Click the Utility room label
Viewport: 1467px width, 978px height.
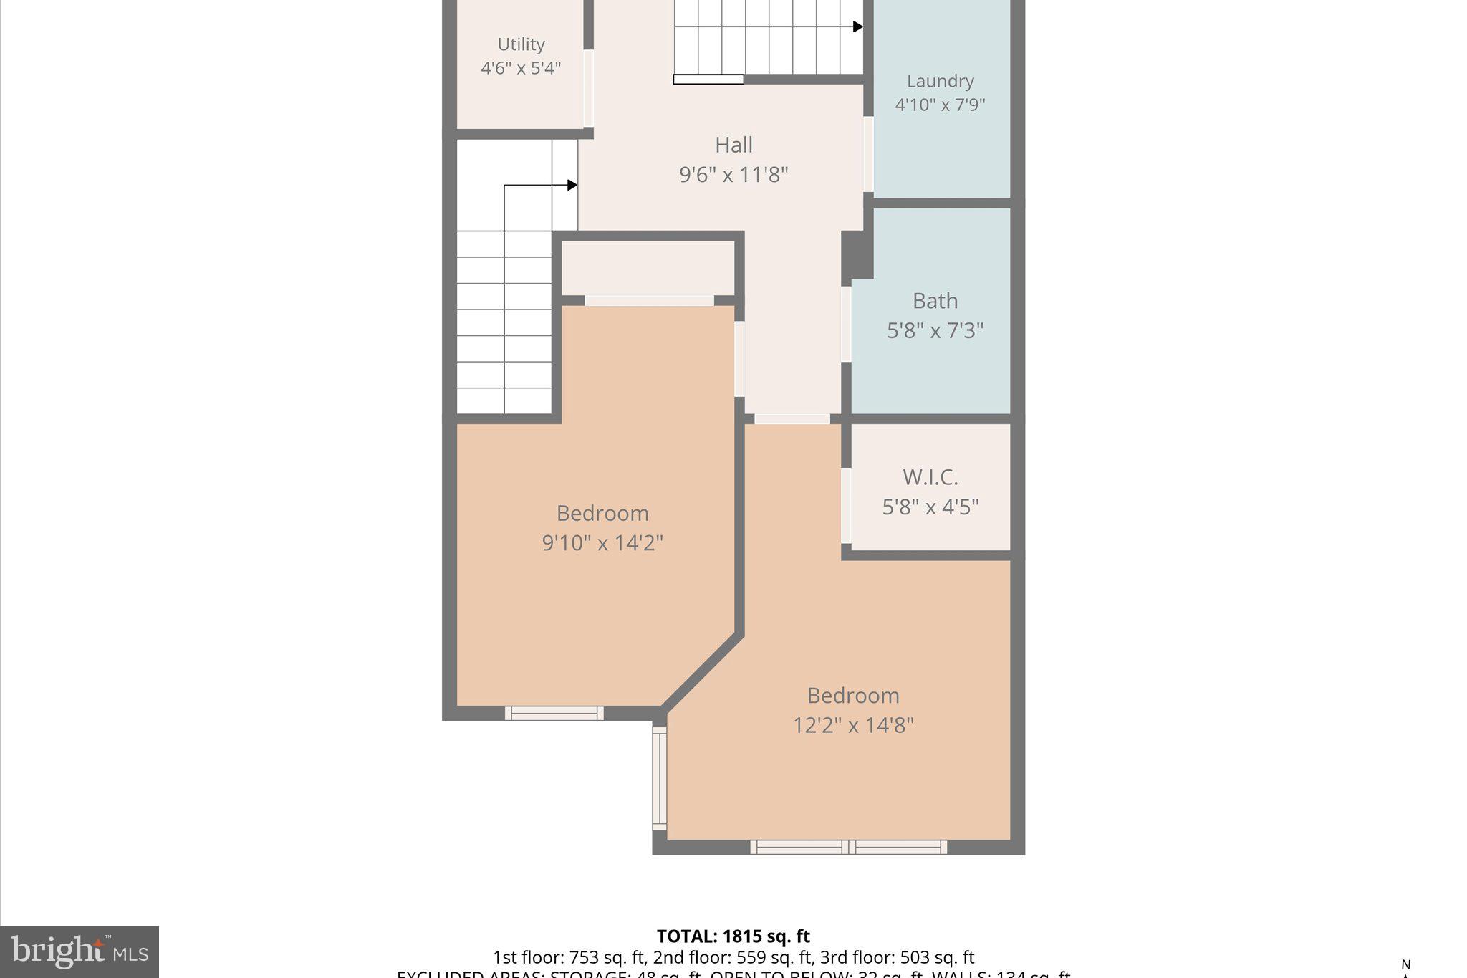point(521,44)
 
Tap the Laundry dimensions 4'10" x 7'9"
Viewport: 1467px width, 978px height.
point(940,105)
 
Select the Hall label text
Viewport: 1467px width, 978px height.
point(733,145)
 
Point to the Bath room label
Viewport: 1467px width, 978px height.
point(935,301)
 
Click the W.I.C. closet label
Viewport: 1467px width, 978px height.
point(930,477)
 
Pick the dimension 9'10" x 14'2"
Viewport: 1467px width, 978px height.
point(602,543)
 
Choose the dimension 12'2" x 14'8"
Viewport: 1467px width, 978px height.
point(853,725)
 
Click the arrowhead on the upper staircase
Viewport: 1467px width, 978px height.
point(857,27)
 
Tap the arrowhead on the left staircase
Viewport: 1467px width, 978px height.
point(572,185)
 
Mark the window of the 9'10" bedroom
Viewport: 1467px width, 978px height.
point(554,713)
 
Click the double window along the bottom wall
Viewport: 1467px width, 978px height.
point(849,848)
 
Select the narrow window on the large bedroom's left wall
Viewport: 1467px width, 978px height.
point(659,778)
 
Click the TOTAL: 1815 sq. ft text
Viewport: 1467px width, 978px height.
point(733,936)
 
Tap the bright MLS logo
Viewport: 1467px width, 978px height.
point(79,951)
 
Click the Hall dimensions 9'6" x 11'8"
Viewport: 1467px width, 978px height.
point(733,175)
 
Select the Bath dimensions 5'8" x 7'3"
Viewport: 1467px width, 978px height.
point(935,331)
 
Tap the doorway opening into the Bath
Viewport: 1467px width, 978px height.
point(846,324)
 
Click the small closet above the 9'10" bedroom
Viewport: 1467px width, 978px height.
point(648,268)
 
